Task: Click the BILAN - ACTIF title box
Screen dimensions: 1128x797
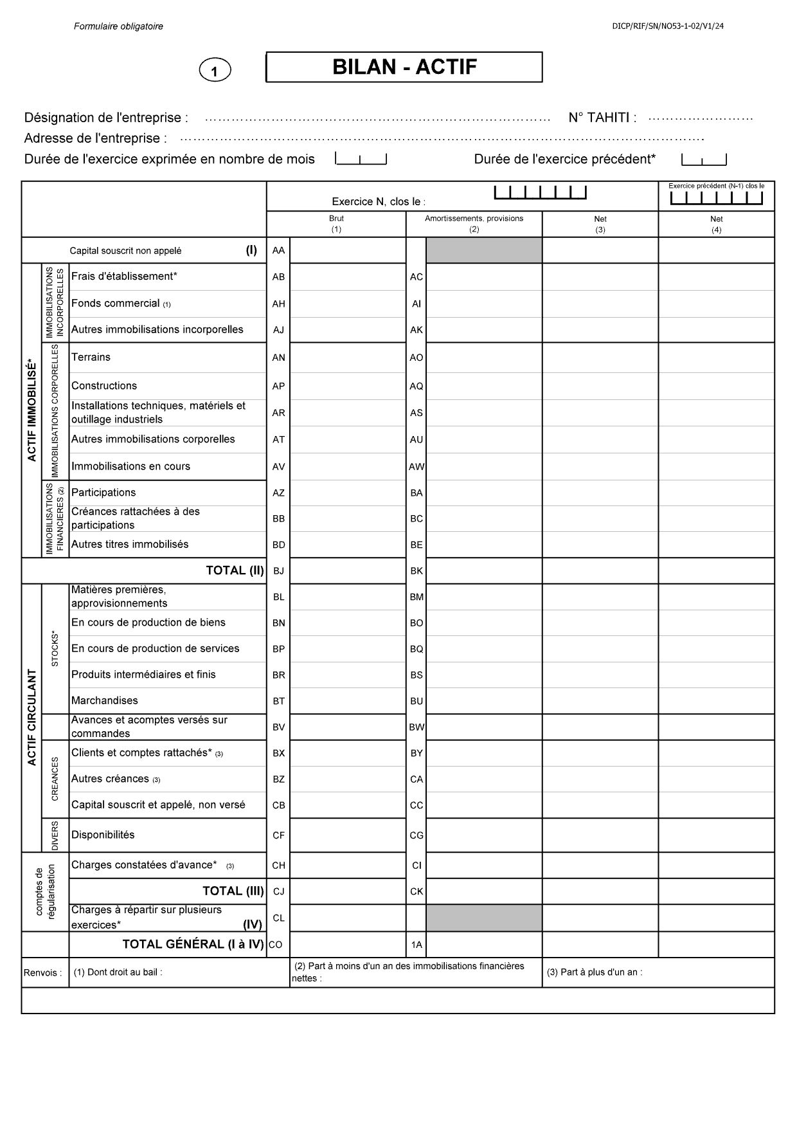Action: click(404, 67)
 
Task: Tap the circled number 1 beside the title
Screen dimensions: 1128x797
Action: click(215, 70)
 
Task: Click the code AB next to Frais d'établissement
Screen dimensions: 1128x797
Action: click(278, 277)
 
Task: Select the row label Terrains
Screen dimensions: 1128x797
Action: click(91, 357)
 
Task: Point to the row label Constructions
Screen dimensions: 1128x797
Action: click(104, 386)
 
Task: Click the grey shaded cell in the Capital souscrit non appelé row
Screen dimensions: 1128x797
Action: click(484, 250)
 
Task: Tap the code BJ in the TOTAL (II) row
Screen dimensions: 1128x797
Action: click(278, 570)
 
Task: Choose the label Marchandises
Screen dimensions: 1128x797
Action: click(105, 700)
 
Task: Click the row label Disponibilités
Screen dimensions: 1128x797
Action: click(103, 835)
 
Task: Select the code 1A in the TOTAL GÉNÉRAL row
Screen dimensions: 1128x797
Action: click(416, 945)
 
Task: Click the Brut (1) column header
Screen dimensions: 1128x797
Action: click(336, 223)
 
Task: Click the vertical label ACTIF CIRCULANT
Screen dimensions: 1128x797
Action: click(32, 717)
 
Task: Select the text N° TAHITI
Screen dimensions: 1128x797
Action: click(602, 118)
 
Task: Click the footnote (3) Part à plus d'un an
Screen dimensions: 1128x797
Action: click(595, 972)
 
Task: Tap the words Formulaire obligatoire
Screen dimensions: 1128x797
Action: click(118, 26)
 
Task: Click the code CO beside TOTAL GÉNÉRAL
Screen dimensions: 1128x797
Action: click(275, 945)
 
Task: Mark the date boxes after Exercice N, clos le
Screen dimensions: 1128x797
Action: click(540, 192)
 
